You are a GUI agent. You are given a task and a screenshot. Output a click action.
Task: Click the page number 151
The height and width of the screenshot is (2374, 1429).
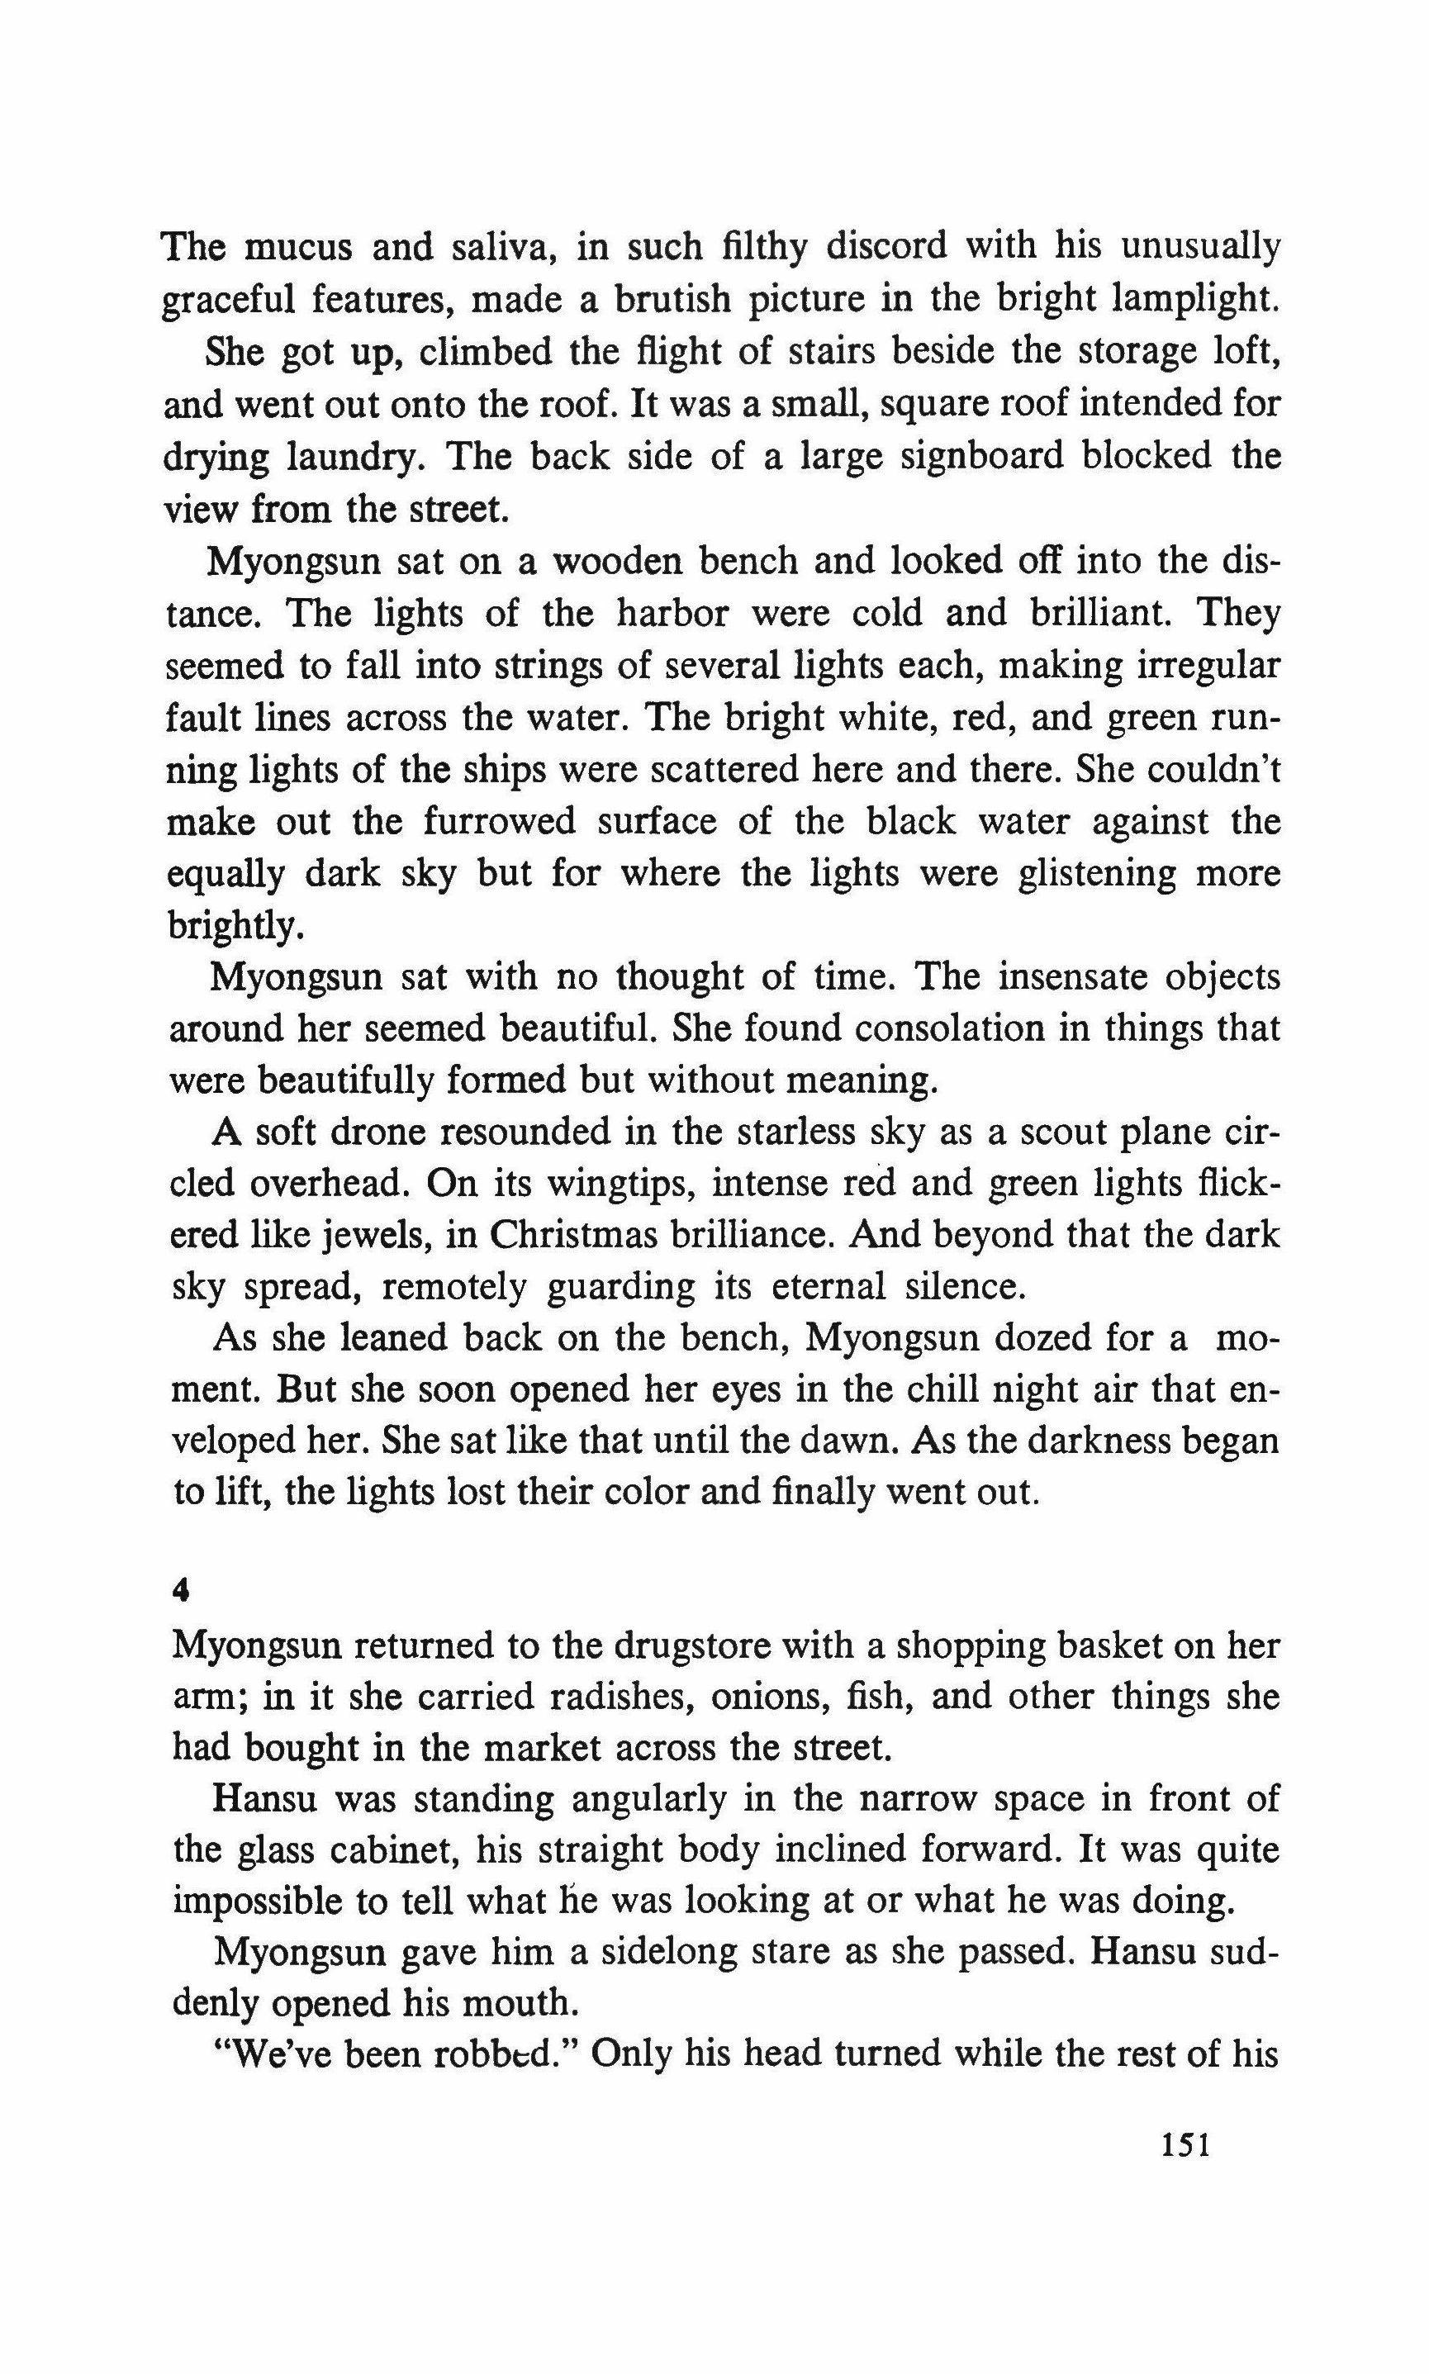click(1185, 2200)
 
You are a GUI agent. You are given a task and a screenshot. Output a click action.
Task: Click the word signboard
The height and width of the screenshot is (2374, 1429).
click(981, 455)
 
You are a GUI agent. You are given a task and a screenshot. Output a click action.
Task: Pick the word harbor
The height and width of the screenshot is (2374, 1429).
click(672, 613)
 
